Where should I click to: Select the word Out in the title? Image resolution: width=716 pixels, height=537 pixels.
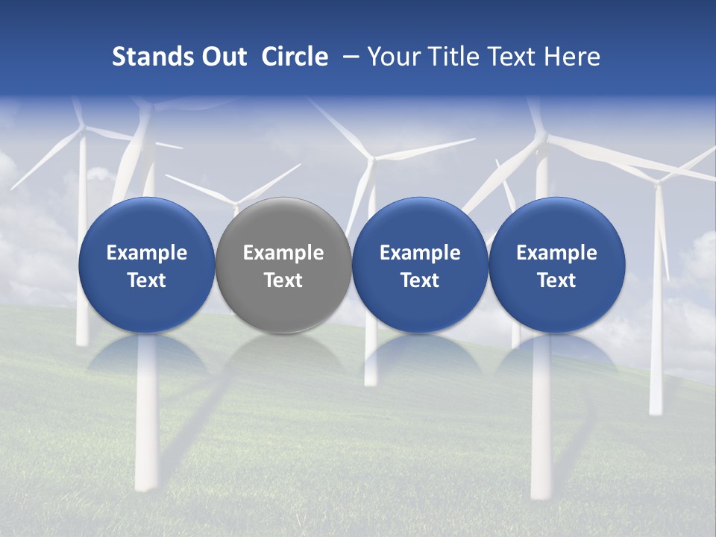222,57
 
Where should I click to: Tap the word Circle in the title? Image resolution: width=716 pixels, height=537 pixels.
295,57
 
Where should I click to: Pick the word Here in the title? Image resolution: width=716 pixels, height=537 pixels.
573,57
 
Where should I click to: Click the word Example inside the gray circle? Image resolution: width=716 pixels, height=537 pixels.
283,253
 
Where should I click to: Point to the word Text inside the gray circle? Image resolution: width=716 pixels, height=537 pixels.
283,280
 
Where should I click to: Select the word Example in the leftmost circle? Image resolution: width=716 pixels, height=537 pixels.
146,253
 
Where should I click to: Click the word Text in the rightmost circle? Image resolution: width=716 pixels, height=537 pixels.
556,280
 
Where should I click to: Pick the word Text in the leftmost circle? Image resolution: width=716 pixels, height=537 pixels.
146,280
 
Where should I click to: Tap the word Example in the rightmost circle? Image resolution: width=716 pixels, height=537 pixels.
556,253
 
